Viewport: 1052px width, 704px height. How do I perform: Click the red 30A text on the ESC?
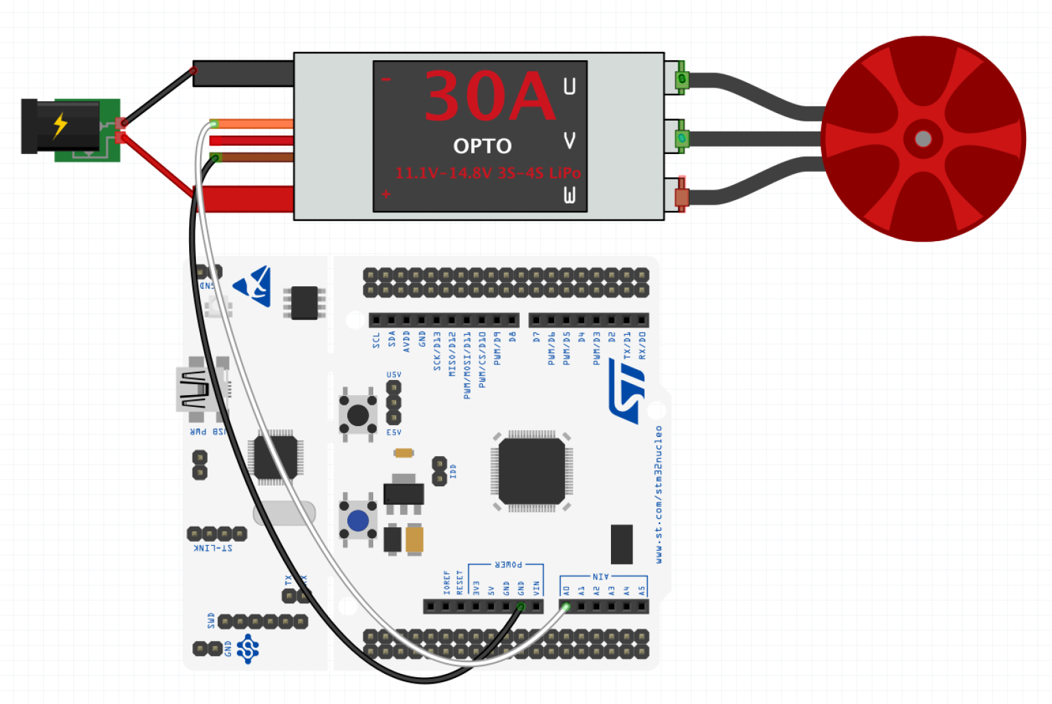489,97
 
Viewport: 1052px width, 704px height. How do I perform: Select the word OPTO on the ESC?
482,146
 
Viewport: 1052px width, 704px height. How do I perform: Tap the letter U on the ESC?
569,86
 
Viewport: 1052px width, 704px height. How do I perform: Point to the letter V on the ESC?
569,140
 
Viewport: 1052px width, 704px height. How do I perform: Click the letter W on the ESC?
569,195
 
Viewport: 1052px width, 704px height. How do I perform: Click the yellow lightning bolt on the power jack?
60,125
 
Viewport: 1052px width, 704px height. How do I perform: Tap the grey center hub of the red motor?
923,139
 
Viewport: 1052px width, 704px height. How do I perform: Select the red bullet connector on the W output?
681,197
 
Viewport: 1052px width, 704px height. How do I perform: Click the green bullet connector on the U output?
681,79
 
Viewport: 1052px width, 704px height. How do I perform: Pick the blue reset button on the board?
358,520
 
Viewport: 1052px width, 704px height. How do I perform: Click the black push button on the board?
358,415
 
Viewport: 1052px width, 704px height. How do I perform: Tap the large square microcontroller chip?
531,472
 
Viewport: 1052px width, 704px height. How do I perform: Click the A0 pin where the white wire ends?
566,606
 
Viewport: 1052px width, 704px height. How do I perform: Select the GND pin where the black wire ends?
521,606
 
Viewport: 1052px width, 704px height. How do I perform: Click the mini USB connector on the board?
196,390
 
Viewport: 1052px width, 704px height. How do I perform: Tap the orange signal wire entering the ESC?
253,124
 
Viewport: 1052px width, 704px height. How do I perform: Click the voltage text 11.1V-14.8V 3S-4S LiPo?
488,173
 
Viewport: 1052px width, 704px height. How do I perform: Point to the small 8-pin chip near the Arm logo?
304,303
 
